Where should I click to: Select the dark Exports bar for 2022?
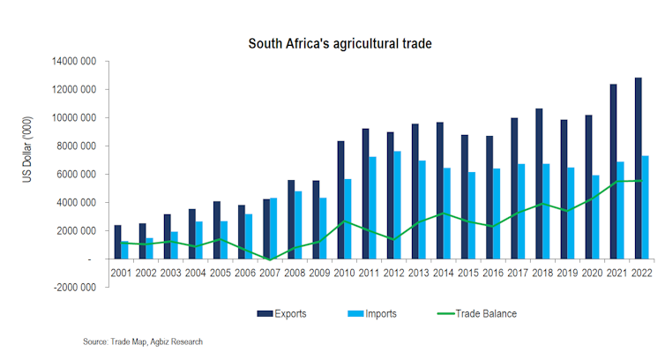click(638, 169)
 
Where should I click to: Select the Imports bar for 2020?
click(595, 217)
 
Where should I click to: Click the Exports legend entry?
click(283, 313)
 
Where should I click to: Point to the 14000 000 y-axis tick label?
click(76, 62)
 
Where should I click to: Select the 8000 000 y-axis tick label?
click(78, 146)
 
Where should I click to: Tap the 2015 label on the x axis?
click(468, 273)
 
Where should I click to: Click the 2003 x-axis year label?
click(171, 273)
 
